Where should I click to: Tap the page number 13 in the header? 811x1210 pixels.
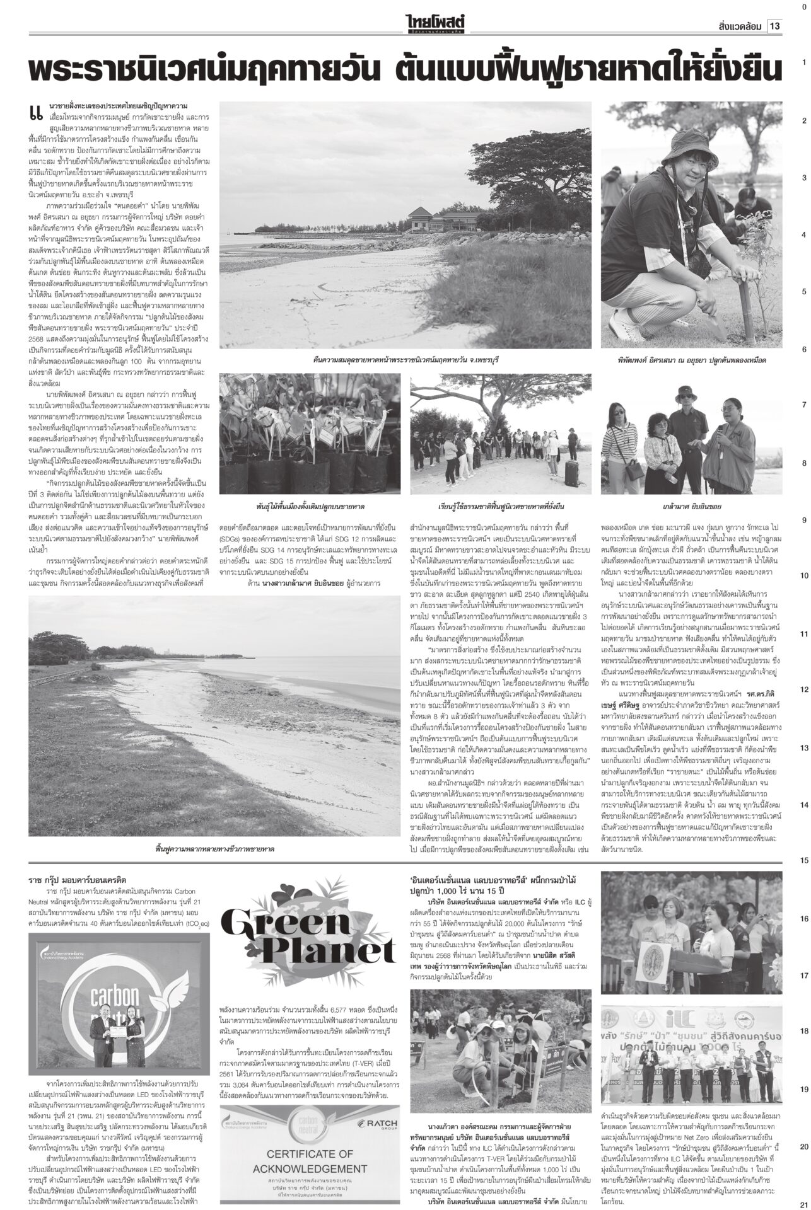pyautogui.click(x=774, y=26)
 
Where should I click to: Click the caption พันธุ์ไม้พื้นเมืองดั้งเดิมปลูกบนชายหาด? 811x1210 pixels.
pyautogui.click(x=310, y=506)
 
